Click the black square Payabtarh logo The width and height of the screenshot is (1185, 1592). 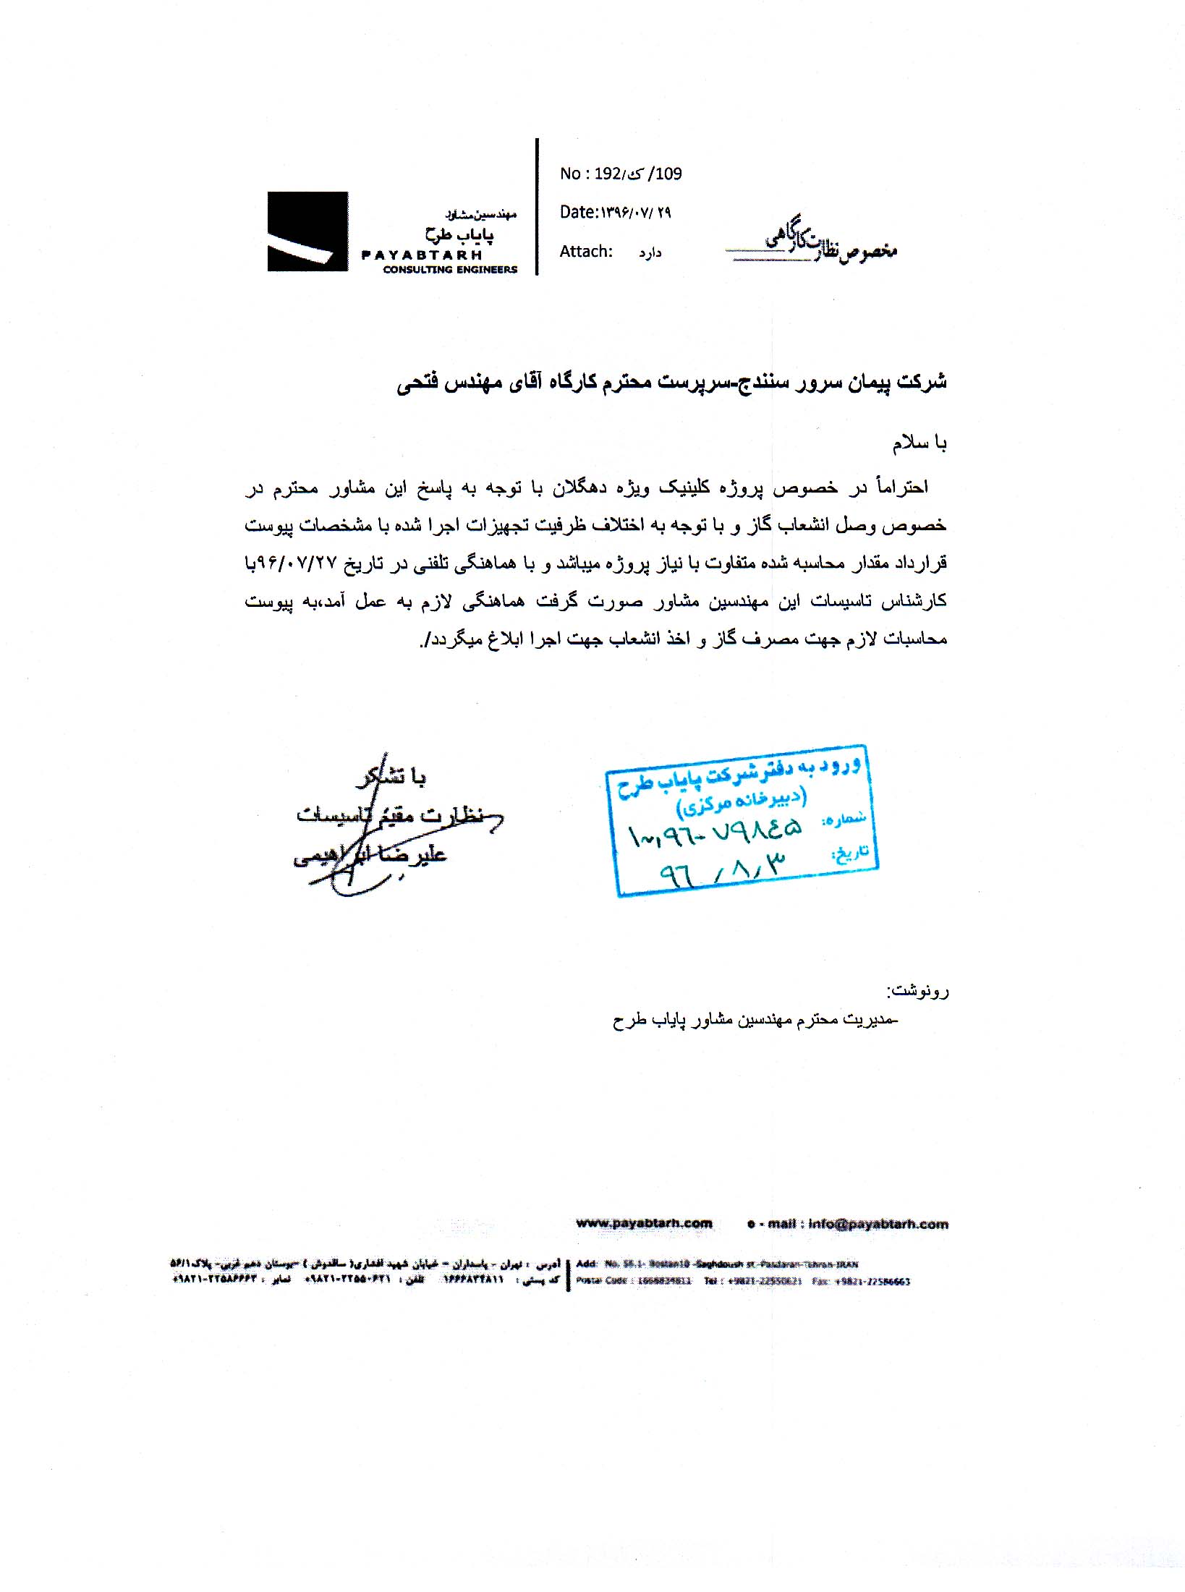307,231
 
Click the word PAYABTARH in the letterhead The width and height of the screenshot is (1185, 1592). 422,255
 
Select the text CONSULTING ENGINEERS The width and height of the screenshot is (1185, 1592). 450,270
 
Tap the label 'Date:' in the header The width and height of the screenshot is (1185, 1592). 578,212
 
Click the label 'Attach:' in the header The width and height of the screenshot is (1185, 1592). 586,252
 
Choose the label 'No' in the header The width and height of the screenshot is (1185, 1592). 570,174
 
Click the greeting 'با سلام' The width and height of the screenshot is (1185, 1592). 919,443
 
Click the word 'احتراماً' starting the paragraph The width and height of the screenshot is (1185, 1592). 901,488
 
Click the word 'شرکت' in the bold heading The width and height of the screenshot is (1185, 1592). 922,381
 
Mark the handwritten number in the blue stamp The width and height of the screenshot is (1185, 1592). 715,834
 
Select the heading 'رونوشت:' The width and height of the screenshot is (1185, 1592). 918,991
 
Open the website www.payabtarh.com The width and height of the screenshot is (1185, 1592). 644,1224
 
